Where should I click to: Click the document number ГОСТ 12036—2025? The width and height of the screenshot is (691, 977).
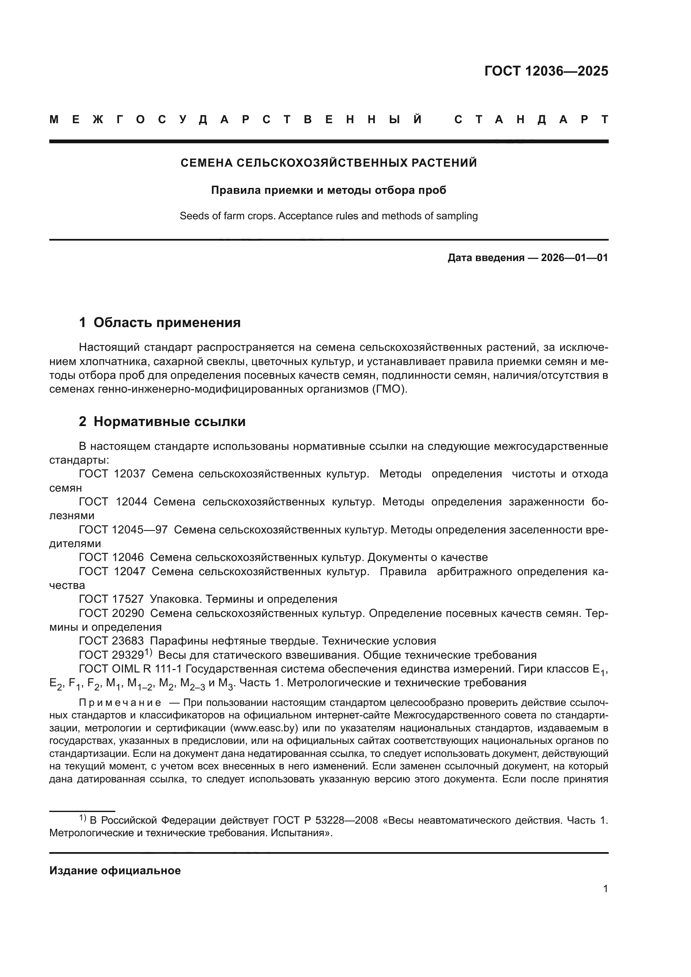click(x=546, y=71)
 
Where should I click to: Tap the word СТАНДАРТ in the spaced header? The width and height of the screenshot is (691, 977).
click(x=531, y=119)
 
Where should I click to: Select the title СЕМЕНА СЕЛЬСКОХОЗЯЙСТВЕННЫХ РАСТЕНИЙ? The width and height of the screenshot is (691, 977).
click(x=328, y=163)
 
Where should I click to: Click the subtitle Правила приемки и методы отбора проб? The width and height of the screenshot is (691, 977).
click(x=328, y=190)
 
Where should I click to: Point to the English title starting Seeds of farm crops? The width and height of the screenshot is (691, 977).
click(x=328, y=216)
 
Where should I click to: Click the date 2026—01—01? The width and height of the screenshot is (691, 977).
click(x=574, y=257)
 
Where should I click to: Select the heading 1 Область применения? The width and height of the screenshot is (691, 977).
click(x=160, y=322)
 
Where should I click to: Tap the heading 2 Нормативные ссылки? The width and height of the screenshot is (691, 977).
click(x=162, y=422)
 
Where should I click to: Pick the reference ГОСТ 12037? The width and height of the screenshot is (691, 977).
click(x=112, y=474)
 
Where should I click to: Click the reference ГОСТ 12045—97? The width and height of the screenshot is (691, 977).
click(x=123, y=530)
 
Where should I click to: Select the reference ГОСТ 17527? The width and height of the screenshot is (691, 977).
click(x=112, y=599)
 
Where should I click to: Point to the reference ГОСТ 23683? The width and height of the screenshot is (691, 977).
click(x=112, y=641)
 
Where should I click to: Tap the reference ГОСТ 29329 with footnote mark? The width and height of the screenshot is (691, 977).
click(x=115, y=655)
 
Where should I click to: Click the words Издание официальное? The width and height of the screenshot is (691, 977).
click(x=115, y=870)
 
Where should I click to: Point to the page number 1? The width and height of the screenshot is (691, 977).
click(x=605, y=888)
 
